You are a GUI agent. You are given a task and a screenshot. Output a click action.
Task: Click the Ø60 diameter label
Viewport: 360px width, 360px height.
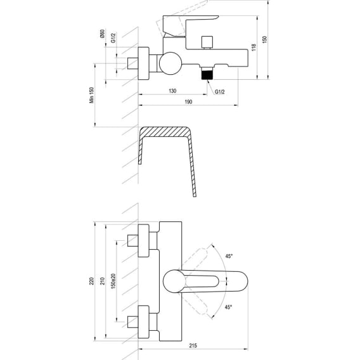(x=102, y=34)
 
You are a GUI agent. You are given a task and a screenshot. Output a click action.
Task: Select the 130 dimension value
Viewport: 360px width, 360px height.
(x=172, y=91)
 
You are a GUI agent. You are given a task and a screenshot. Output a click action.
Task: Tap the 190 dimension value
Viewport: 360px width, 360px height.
(x=188, y=101)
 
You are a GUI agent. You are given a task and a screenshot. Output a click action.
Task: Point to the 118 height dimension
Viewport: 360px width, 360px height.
(x=254, y=48)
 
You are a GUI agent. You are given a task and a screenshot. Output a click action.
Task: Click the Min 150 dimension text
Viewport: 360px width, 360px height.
(x=92, y=95)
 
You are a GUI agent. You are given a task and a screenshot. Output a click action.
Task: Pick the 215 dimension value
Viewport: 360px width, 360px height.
(x=193, y=345)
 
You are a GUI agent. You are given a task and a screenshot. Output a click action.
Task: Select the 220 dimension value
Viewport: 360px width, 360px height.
(x=92, y=281)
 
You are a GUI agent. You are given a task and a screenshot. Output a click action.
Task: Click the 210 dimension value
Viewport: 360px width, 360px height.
(x=103, y=281)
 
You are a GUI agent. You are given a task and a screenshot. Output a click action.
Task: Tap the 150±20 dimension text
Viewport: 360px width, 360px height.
(x=113, y=281)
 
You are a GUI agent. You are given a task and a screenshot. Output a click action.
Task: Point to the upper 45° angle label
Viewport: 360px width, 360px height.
(x=229, y=256)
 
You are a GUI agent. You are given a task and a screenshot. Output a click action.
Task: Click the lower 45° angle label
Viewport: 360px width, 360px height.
(x=228, y=307)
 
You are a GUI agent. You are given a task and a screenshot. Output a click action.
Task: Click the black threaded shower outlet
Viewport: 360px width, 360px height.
(x=207, y=75)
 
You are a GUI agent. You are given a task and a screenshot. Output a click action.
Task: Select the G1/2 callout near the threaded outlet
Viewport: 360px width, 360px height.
(x=220, y=92)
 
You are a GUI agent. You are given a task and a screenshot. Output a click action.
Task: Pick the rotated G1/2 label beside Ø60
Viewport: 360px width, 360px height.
(x=113, y=38)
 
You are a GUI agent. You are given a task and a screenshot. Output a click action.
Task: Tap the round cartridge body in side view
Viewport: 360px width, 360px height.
(x=170, y=63)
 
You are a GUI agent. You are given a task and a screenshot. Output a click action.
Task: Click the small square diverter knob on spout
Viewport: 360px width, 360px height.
(x=207, y=42)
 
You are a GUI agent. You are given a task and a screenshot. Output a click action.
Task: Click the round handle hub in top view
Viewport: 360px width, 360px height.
(x=174, y=281)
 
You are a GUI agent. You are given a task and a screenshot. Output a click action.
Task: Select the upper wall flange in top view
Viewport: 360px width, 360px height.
(x=143, y=241)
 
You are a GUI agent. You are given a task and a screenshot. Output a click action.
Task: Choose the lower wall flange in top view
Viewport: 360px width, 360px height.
(x=143, y=322)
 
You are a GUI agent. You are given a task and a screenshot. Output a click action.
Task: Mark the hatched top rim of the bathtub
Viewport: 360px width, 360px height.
(x=164, y=132)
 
